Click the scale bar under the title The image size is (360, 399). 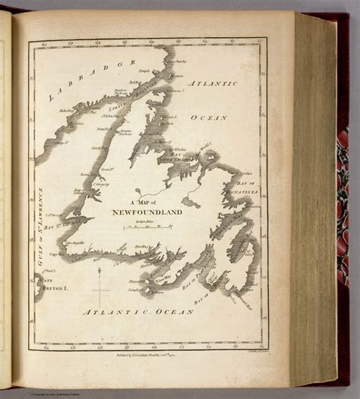(x=144, y=227)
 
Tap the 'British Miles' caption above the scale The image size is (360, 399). (x=144, y=221)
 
